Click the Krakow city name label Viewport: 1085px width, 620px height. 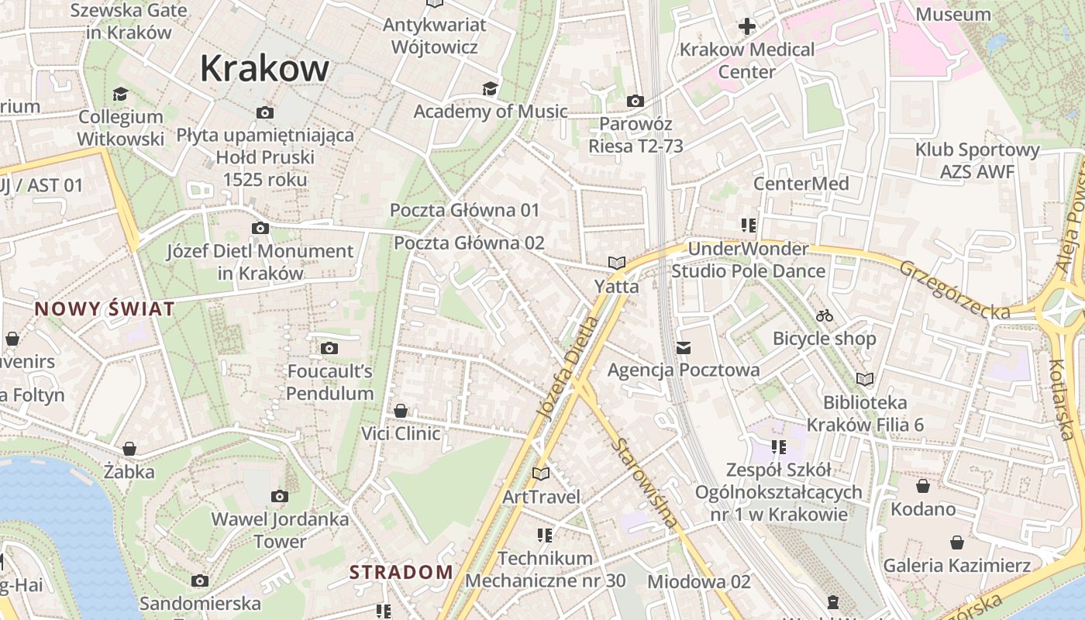click(x=264, y=68)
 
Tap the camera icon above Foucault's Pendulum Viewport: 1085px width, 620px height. click(x=329, y=349)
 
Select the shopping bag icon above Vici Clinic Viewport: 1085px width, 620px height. click(x=401, y=411)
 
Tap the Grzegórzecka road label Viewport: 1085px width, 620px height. click(x=955, y=289)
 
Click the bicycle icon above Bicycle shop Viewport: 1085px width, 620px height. click(x=825, y=315)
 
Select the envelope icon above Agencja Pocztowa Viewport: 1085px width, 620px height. click(x=683, y=348)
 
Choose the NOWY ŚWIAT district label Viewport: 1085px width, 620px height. click(x=105, y=309)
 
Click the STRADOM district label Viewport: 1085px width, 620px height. click(x=401, y=573)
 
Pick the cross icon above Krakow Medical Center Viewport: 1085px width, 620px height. click(x=746, y=27)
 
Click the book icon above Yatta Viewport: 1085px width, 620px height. click(x=617, y=263)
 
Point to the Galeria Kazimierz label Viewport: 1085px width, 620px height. click(x=957, y=566)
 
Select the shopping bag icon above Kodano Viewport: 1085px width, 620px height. click(x=922, y=486)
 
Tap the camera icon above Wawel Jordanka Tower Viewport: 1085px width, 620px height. click(x=280, y=496)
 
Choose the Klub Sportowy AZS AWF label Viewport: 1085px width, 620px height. click(x=977, y=160)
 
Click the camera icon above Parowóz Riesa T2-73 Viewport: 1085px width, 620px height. click(x=635, y=101)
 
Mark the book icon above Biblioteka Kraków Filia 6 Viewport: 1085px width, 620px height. click(x=865, y=379)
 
